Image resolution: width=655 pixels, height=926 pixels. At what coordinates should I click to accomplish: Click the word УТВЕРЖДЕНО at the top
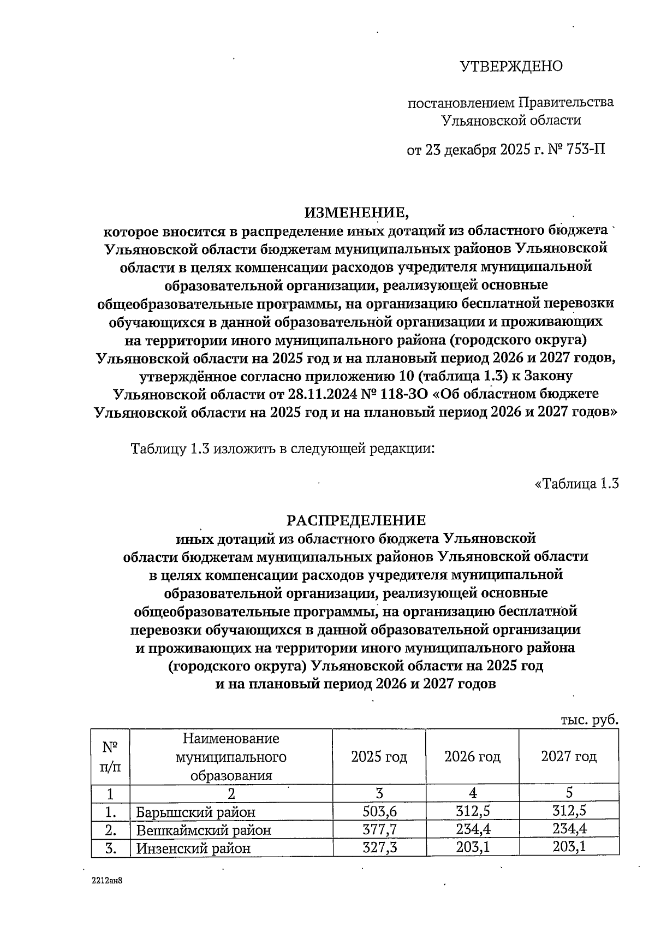(x=511, y=67)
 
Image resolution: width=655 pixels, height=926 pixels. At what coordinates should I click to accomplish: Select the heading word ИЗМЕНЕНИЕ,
(x=356, y=212)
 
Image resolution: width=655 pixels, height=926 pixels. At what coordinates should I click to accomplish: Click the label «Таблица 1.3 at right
(x=577, y=483)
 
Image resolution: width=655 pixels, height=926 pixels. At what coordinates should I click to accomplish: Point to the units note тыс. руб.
(x=590, y=720)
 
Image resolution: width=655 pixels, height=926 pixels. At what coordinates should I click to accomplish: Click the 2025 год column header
(x=379, y=757)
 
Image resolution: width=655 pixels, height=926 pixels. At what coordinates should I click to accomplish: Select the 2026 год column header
(x=472, y=757)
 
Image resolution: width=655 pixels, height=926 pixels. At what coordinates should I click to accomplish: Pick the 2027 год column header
(x=569, y=757)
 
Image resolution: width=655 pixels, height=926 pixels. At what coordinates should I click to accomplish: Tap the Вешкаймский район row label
(x=203, y=830)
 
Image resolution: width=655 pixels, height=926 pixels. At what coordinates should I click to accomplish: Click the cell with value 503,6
(x=379, y=812)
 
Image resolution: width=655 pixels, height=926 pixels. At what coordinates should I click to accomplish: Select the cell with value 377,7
(x=379, y=830)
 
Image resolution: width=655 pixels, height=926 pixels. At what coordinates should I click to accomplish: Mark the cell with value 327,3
(x=379, y=848)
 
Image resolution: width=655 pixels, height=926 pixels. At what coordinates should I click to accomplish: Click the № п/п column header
(x=111, y=757)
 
